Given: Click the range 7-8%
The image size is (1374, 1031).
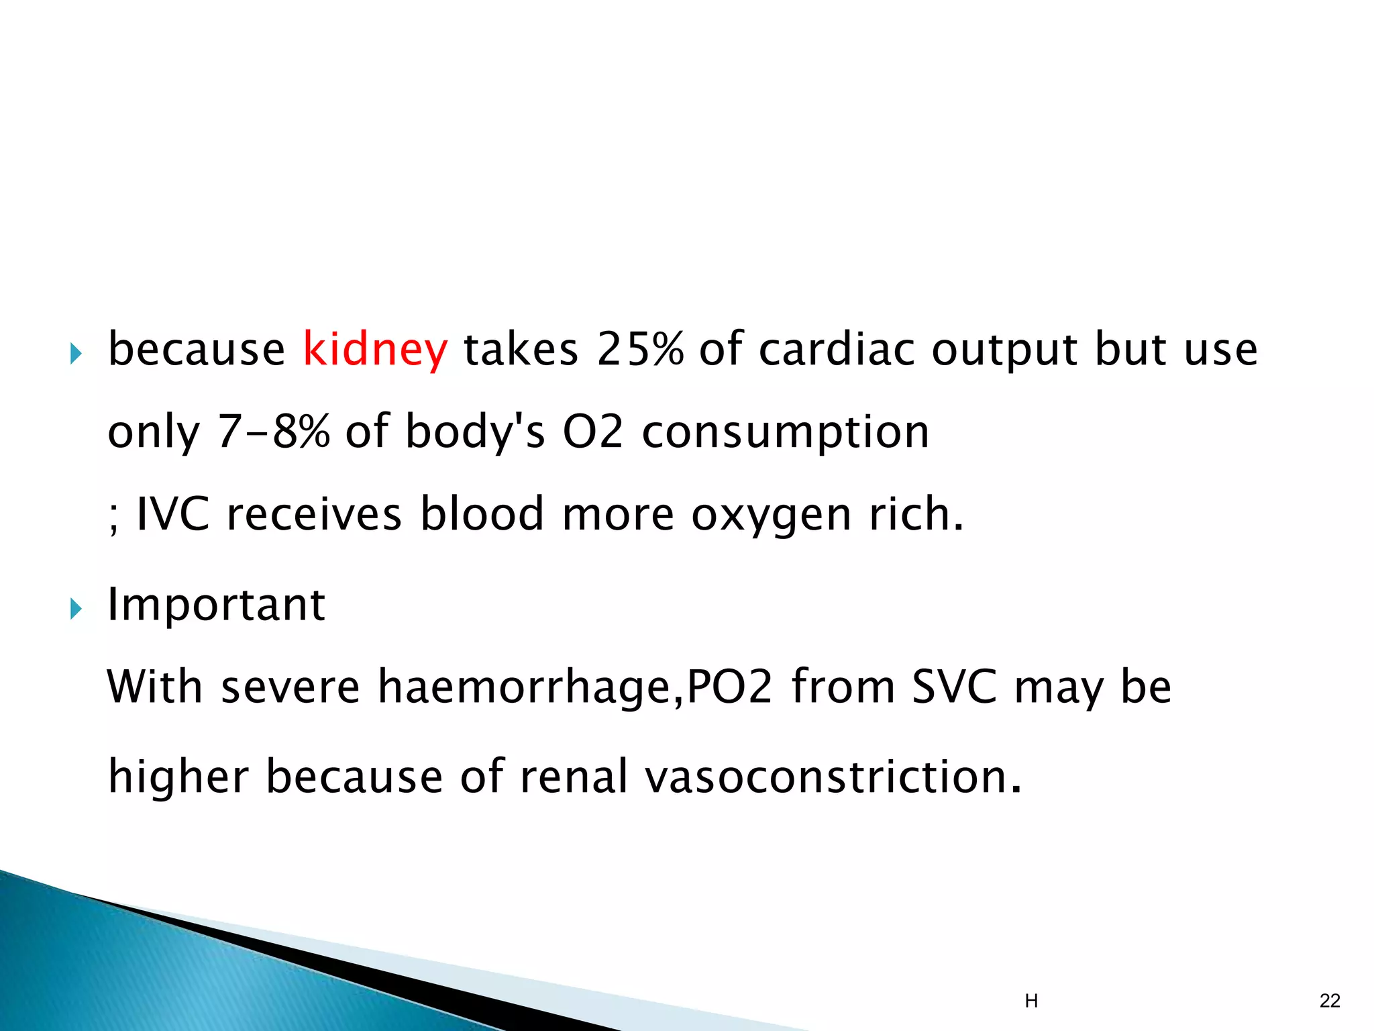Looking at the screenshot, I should coord(274,432).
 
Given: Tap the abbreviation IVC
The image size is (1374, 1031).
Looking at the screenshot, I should coord(172,514).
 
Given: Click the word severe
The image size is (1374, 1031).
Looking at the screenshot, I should coord(290,687).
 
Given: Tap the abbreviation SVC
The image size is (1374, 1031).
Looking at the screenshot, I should coord(954,687).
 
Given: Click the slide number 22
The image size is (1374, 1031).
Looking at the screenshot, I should coord(1330,1001).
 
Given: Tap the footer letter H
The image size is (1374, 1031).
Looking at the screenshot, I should coord(1031,1001).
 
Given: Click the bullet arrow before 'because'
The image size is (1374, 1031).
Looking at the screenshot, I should coord(75,353).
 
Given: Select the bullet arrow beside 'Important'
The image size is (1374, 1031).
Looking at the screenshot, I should coord(75,609).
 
